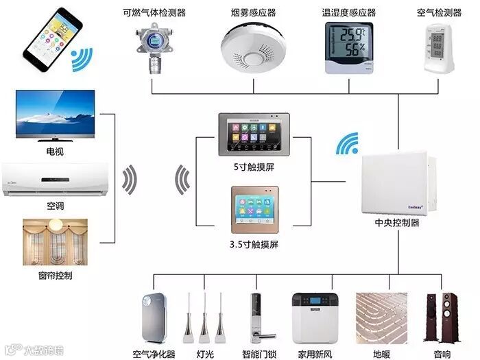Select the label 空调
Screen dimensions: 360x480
[55, 206]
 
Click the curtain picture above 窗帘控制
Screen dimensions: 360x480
[55, 242]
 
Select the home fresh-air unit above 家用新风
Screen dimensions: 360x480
[315, 318]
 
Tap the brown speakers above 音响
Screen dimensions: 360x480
[441, 317]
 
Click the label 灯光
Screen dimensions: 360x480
[204, 354]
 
